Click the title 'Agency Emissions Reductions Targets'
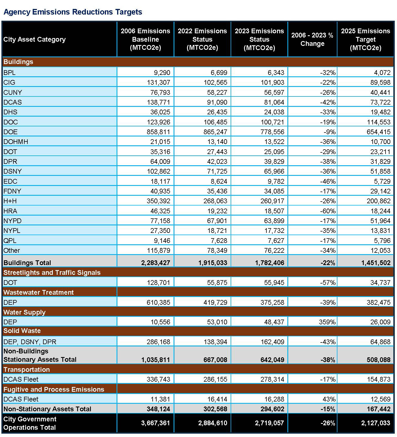pos(73,12)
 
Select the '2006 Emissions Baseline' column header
pos(145,39)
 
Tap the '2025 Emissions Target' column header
pos(365,39)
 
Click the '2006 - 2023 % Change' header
pos(312,39)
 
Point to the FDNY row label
pos(12,191)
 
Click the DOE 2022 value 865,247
pos(215,132)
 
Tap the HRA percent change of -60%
pos(328,211)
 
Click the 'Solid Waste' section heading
pos(22,331)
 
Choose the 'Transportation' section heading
pos(27,370)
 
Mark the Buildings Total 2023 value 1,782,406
pos(270,263)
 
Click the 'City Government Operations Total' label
pos(30,423)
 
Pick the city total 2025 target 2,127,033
pos(375,423)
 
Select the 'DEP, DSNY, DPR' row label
pos(30,342)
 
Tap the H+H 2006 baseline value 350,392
pos(158,201)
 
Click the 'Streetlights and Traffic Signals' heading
pos(52,273)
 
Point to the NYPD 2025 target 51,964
pos(380,221)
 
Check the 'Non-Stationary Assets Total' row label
pos(47,409)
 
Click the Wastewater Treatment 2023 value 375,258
pos(272,303)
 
